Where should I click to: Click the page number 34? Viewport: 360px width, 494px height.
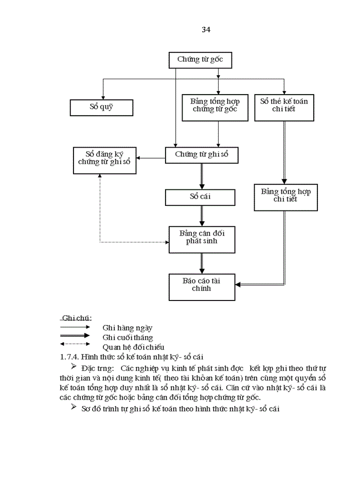tap(206, 29)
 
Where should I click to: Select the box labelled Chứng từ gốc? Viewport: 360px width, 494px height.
tap(200, 60)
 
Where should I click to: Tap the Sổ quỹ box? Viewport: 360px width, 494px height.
tap(101, 107)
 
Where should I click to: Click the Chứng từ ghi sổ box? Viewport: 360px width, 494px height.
tap(202, 154)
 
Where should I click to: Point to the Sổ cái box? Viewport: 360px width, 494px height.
tap(200, 197)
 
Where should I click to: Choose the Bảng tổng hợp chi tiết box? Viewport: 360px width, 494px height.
tap(285, 195)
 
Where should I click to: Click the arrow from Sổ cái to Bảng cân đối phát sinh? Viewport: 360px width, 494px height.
tap(202, 216)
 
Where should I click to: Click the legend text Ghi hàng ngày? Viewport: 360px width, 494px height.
tap(127, 327)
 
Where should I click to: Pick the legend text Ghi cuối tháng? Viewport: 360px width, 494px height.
tap(128, 338)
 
